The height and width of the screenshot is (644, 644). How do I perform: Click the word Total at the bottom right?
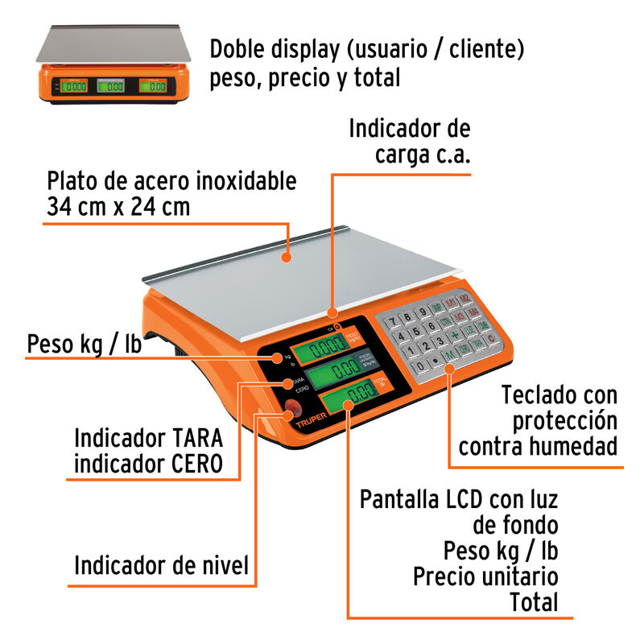tap(534, 601)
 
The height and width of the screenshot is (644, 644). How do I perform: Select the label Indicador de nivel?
tap(161, 565)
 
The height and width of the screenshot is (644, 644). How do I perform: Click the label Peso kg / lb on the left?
tap(85, 344)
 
